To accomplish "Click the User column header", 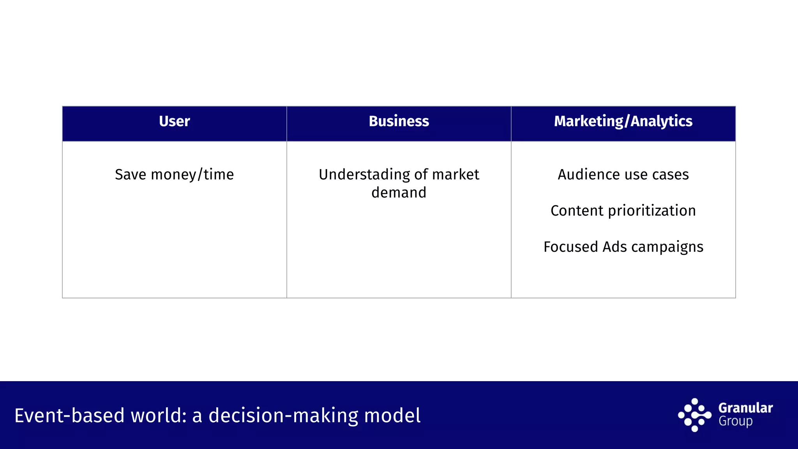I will (x=174, y=121).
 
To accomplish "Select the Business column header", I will (x=399, y=121).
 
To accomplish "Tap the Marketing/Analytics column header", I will (x=623, y=121).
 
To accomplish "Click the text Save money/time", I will (x=174, y=174).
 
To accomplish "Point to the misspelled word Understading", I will (x=364, y=174).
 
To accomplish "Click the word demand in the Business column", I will (x=399, y=193).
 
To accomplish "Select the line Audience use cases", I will (x=623, y=174).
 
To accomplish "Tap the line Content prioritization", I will (x=623, y=210).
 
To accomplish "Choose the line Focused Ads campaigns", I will (x=623, y=247).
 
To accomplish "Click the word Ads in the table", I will (x=614, y=247).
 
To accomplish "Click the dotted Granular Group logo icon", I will (x=694, y=415).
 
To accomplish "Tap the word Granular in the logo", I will (x=745, y=408).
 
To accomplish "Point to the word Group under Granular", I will (x=735, y=422).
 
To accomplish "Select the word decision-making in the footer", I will (x=283, y=415).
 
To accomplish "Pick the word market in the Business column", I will (x=455, y=174).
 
